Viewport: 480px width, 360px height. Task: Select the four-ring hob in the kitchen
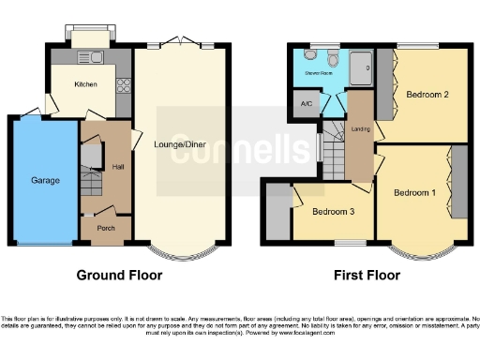click(121, 84)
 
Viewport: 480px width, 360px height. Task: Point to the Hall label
click(118, 167)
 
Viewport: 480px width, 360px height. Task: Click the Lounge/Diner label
click(178, 144)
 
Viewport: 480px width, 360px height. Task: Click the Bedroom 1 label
click(413, 193)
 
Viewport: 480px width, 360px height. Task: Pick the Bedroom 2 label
click(427, 94)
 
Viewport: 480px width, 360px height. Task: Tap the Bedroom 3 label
click(333, 212)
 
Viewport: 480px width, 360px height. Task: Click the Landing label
click(359, 128)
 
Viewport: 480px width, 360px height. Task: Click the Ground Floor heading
click(118, 276)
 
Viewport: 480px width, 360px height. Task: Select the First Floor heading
click(367, 276)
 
